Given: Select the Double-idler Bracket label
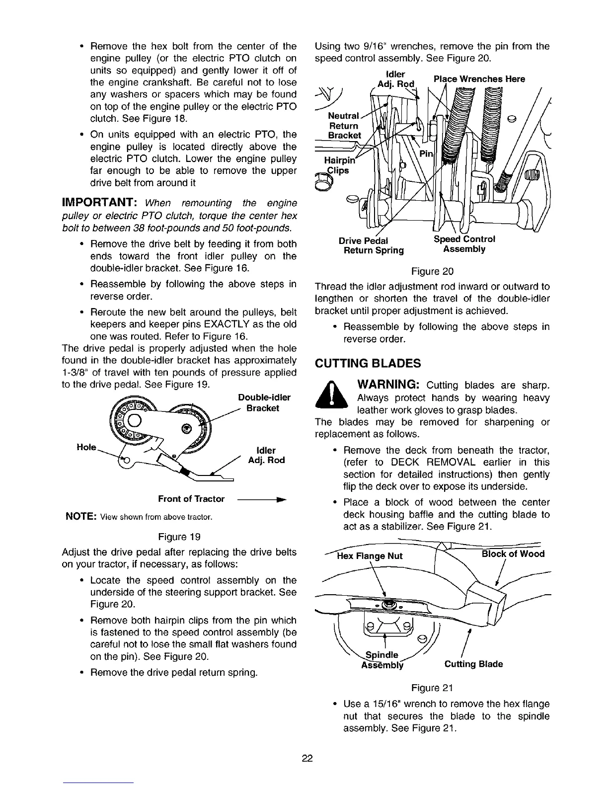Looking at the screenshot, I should (x=264, y=402).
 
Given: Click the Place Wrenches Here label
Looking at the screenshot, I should (x=479, y=79).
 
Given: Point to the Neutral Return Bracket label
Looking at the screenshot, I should (x=343, y=125).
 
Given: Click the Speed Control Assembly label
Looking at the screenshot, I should (x=464, y=244).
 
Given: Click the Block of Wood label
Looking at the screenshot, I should (x=513, y=553).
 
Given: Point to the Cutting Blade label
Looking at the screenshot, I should (x=473, y=664).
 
